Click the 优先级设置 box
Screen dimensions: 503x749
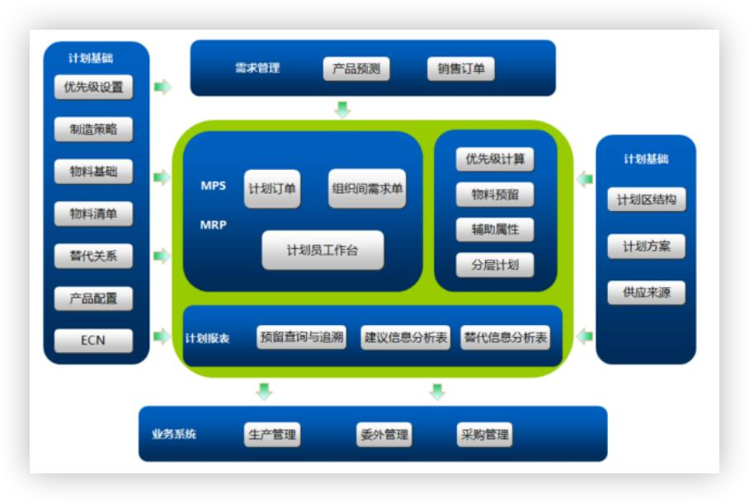[x=93, y=87]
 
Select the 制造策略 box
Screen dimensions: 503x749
[x=93, y=129]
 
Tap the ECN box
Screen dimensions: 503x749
[x=93, y=340]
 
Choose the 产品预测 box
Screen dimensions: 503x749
[x=356, y=69]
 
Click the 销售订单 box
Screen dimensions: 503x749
[x=461, y=69]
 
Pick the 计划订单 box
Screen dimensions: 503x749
[x=272, y=189]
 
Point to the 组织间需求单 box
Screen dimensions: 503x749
[x=367, y=189]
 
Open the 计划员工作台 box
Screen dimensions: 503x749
[x=323, y=250]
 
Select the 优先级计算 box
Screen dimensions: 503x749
[x=495, y=159]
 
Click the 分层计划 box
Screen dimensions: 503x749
[x=495, y=265]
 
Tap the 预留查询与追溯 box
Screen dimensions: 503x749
[x=301, y=336]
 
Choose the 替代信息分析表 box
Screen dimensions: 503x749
[x=506, y=336]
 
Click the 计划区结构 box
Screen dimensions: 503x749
[x=646, y=199]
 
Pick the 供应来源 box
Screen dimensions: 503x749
[x=646, y=292]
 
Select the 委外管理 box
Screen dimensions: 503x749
[x=384, y=435]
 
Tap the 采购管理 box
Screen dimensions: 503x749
[x=484, y=435]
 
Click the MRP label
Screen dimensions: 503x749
[x=214, y=224]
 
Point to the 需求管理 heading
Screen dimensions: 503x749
[x=257, y=68]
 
